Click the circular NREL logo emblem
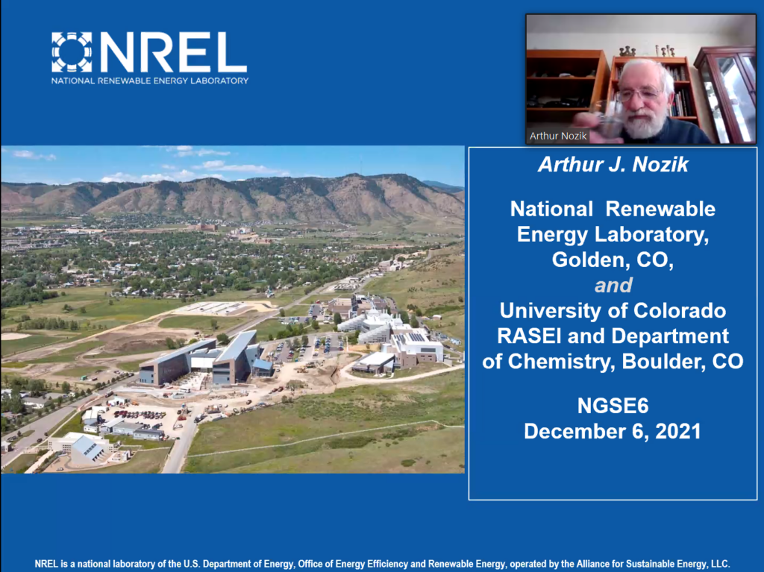[72, 52]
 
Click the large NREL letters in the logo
[173, 52]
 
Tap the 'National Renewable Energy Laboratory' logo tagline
[150, 81]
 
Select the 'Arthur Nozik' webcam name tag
[558, 136]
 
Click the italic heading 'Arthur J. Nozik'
[613, 165]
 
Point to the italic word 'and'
[613, 285]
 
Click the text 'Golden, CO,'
[613, 260]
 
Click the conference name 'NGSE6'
[613, 406]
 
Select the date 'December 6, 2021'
[613, 431]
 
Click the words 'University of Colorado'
[613, 311]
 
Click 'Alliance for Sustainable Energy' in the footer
[642, 565]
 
